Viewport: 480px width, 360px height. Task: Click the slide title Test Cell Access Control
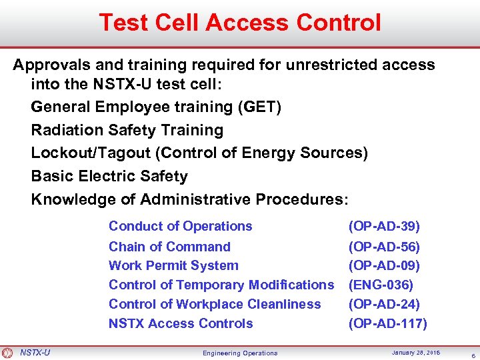[240, 23]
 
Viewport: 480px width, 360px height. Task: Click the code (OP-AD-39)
[384, 226]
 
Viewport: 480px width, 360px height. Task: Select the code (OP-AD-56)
[384, 247]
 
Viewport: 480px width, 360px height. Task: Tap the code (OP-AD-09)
[384, 265]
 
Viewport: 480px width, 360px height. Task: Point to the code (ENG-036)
[381, 285]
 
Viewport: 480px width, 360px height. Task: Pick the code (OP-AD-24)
[384, 304]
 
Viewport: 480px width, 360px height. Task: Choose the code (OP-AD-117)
[388, 323]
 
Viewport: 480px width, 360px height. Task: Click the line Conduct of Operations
[180, 226]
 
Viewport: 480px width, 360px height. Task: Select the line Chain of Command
[169, 247]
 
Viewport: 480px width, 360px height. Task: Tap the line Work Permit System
[173, 265]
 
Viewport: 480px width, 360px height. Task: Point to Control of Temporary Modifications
[221, 285]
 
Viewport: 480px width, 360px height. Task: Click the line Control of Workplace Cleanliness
[215, 304]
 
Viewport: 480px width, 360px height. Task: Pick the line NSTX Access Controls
[181, 323]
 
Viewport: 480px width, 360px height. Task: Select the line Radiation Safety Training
[127, 130]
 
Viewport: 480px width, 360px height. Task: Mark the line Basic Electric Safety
[109, 176]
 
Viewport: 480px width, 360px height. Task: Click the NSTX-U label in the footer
[35, 352]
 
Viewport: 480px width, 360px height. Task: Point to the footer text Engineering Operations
[241, 353]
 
